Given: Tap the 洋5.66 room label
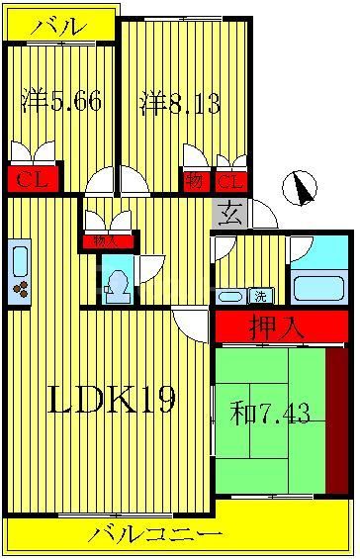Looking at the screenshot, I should click(x=60, y=101).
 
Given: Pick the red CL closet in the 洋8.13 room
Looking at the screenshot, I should click(x=230, y=181).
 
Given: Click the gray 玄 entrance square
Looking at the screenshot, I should click(x=228, y=213).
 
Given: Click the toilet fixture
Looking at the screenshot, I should click(x=117, y=282).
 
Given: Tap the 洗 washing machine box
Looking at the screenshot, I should click(x=260, y=295).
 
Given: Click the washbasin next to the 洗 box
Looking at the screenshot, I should click(x=231, y=296).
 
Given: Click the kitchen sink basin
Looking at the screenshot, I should click(x=19, y=260).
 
